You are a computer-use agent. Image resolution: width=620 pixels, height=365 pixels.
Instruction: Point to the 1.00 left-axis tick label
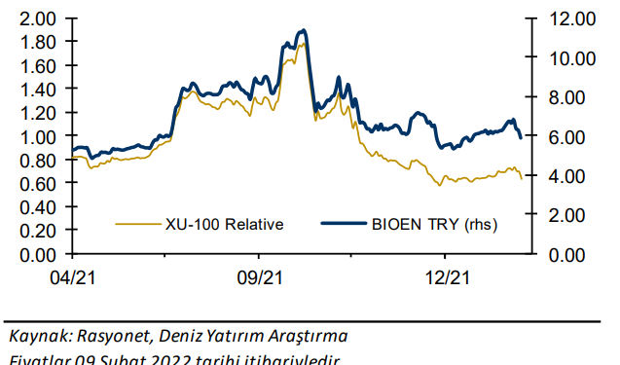38,137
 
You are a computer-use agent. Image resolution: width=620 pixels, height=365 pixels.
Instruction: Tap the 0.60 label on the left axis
38,184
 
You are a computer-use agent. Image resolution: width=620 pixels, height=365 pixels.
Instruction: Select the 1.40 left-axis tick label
38,90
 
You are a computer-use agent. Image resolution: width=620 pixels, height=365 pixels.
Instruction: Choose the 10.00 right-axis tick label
568,58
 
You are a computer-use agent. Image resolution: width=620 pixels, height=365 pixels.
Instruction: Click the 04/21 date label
75,278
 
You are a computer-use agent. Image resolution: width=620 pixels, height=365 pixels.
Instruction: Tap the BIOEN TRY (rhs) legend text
433,225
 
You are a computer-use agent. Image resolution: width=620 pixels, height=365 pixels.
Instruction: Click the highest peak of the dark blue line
303,31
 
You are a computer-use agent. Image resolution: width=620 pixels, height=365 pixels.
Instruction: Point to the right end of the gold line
522,178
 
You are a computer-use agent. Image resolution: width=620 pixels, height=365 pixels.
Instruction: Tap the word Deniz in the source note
182,336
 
